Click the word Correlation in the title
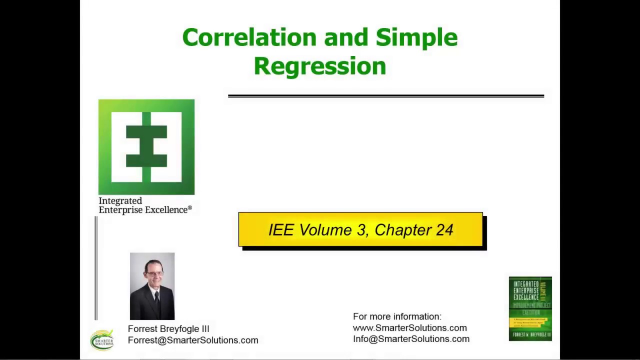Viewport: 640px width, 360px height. click(x=249, y=38)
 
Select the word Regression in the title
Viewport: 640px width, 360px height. click(x=319, y=66)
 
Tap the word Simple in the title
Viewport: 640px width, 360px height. click(x=416, y=38)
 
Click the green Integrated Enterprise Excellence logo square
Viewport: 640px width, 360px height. click(x=146, y=147)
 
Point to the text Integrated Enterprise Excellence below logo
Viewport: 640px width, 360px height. click(x=145, y=205)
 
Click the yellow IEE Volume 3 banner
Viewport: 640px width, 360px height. click(x=360, y=229)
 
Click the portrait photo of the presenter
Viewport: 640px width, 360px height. click(x=152, y=286)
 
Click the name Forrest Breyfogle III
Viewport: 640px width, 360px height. click(x=168, y=328)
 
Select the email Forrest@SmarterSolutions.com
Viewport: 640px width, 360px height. click(x=193, y=340)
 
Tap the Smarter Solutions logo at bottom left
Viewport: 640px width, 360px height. click(x=102, y=340)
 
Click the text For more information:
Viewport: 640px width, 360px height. click(x=397, y=316)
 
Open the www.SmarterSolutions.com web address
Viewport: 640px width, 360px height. click(x=409, y=327)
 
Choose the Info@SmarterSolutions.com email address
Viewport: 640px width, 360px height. click(x=411, y=339)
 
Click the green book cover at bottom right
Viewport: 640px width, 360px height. click(x=530, y=308)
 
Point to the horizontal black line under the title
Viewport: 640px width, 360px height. click(x=385, y=95)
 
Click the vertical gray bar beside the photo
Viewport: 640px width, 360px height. click(x=96, y=268)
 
